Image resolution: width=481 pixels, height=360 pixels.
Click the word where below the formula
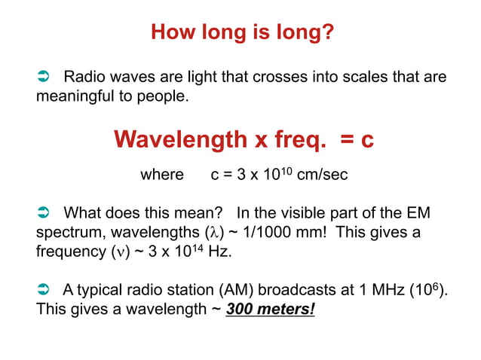click(162, 175)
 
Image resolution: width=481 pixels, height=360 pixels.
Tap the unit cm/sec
click(323, 175)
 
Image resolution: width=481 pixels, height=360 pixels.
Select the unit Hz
click(219, 252)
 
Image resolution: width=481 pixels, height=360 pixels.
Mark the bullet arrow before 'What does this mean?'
click(44, 213)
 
